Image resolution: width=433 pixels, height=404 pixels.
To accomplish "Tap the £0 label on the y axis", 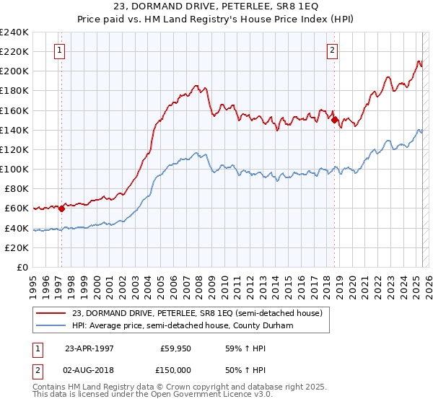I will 22,267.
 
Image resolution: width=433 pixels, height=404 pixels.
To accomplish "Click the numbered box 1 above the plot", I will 58,50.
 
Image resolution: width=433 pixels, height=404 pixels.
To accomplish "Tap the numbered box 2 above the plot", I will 332,50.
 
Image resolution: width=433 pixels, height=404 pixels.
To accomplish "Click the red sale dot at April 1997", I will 61,208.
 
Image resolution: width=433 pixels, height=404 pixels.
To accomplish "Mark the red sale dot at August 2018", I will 335,120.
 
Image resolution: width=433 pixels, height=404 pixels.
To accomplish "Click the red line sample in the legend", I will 52,313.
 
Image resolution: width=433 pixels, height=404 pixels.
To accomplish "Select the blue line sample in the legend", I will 52,326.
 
